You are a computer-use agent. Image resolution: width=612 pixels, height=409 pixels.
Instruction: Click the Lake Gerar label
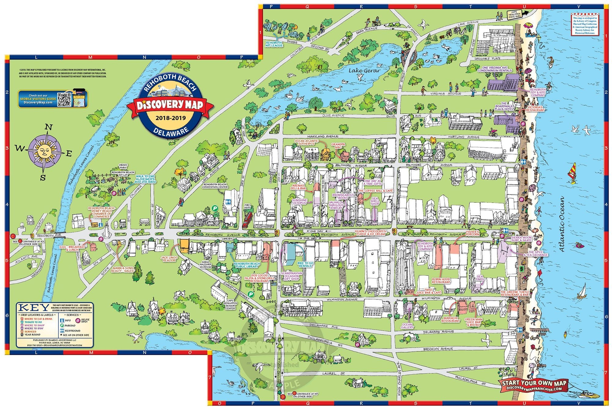pos(365,71)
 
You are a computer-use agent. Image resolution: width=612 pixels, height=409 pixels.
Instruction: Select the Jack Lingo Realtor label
pos(169,259)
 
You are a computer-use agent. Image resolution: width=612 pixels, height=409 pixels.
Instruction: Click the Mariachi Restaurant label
pos(451,319)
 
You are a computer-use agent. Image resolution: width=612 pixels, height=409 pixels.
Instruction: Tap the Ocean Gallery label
pos(407,326)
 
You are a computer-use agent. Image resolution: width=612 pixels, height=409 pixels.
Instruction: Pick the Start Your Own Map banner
pos(534,385)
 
